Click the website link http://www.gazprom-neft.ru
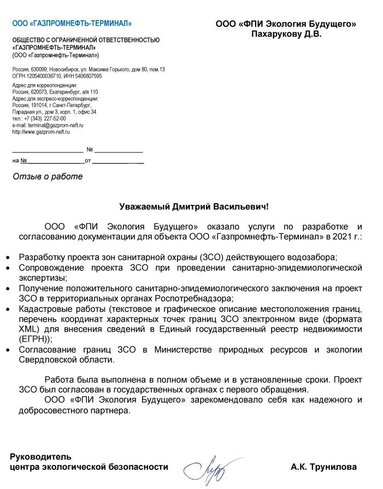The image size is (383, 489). [41, 132]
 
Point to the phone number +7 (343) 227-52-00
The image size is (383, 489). [46, 119]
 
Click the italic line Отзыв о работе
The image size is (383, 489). [48, 176]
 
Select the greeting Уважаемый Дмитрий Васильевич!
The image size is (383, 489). [195, 207]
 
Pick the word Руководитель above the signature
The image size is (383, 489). [40, 456]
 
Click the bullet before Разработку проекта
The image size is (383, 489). [7, 257]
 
